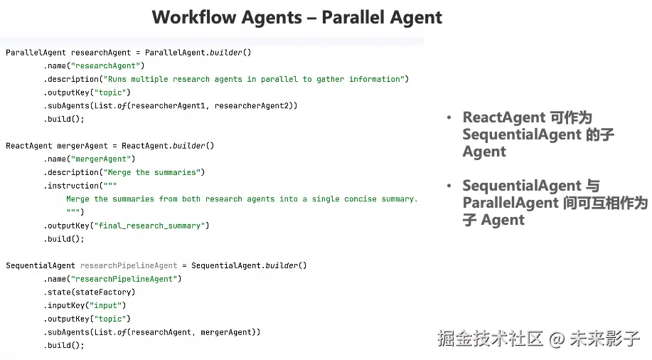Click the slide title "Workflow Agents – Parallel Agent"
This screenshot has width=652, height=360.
[x=296, y=17]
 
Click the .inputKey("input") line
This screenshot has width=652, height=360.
[x=85, y=305]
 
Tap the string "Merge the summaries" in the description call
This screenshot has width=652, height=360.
[x=152, y=172]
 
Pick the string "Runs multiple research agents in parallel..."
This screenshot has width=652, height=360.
[x=255, y=79]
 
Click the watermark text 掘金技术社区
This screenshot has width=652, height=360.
[x=491, y=338]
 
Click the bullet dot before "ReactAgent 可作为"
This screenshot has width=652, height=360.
[x=449, y=118]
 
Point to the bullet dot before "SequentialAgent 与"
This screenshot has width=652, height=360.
[x=449, y=186]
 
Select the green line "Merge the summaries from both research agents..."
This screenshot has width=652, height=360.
[x=242, y=199]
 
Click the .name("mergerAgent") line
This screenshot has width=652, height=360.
[x=89, y=159]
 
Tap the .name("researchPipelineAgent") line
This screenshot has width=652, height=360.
[x=112, y=279]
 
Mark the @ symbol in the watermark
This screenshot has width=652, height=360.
[x=557, y=339]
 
